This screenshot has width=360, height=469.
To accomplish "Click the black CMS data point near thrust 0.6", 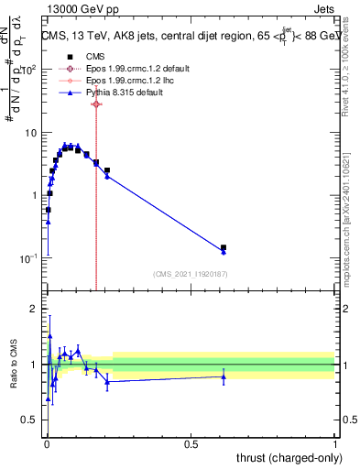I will (224, 247).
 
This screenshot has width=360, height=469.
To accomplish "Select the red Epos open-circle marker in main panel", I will (96, 104).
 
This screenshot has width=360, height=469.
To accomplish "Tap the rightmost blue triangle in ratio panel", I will (224, 376).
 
